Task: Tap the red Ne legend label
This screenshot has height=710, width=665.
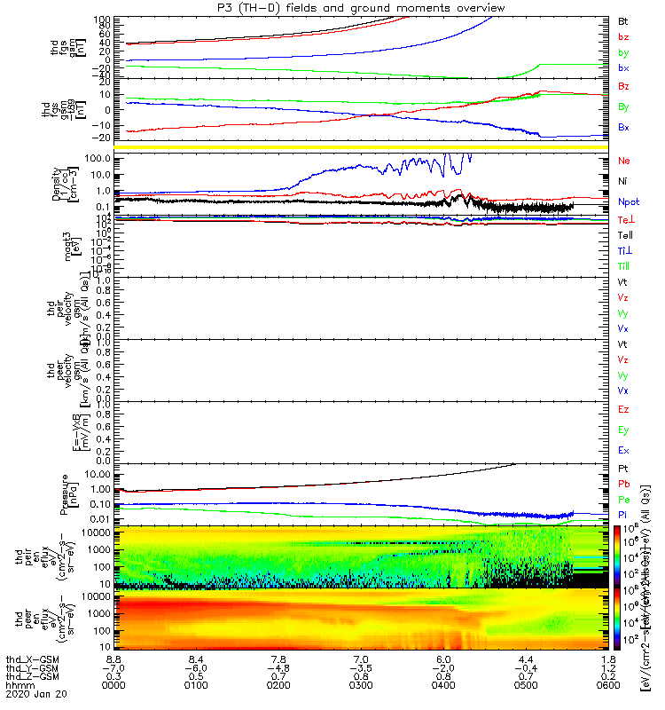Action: click(624, 161)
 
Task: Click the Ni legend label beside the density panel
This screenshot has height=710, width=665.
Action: click(622, 181)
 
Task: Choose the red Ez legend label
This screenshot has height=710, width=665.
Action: click(623, 410)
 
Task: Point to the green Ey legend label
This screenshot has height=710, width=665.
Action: click(623, 430)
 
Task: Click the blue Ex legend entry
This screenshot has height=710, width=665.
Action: click(623, 451)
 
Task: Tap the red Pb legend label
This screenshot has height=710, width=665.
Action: click(623, 484)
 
